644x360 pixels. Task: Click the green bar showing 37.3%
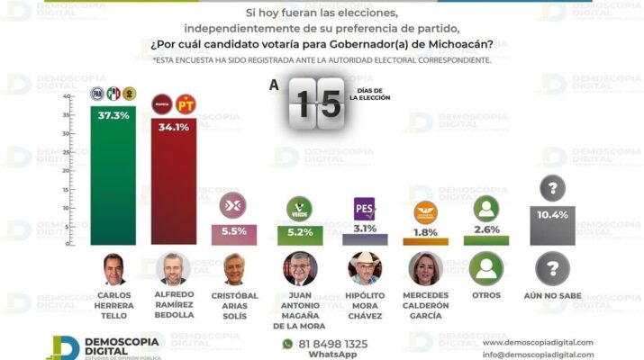[x=113, y=175]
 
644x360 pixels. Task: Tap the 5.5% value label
[x=233, y=231]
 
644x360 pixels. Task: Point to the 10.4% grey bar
[x=552, y=225]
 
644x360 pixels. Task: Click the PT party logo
[x=186, y=104]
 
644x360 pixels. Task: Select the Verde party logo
[x=298, y=210]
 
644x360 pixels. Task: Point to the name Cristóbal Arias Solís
[x=234, y=302]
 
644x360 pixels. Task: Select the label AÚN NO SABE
[x=552, y=295]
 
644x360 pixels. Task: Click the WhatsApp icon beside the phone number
[x=288, y=344]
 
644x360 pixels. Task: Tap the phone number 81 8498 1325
[x=333, y=344]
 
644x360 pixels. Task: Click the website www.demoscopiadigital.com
[x=538, y=342]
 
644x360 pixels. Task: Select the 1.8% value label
[x=425, y=232]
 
